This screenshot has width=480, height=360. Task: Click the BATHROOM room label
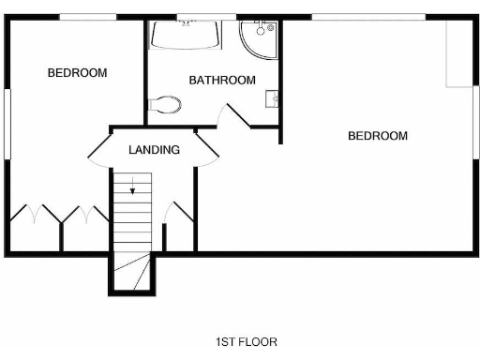click(222, 81)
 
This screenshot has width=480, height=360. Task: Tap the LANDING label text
click(155, 149)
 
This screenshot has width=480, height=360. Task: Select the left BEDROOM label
click(78, 72)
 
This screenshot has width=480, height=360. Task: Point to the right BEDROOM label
click(378, 136)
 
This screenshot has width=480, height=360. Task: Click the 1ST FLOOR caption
click(246, 342)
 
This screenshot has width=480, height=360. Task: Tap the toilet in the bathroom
click(165, 104)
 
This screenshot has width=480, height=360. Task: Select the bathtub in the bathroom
click(186, 37)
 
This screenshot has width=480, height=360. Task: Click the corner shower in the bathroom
click(258, 38)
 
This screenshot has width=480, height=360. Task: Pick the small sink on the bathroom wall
click(273, 97)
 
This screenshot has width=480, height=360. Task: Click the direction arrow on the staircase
click(132, 185)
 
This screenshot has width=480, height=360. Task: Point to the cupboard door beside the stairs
click(172, 214)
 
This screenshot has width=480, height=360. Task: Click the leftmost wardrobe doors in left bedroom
click(35, 214)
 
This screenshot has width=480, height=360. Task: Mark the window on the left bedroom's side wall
click(7, 122)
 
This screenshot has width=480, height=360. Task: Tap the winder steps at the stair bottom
click(132, 272)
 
